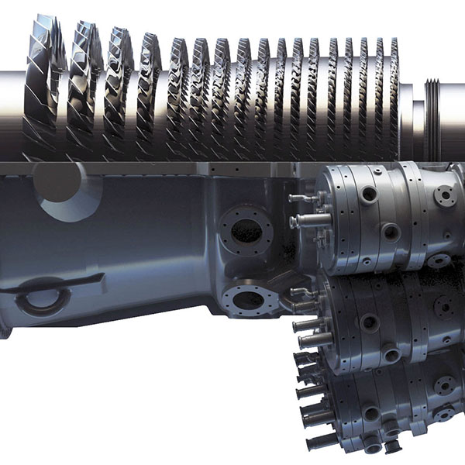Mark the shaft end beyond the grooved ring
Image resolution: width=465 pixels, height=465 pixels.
tap(453, 116)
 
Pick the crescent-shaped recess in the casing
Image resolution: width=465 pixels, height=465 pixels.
tap(70, 198)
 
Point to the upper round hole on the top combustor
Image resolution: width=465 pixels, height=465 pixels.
tap(369, 194)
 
